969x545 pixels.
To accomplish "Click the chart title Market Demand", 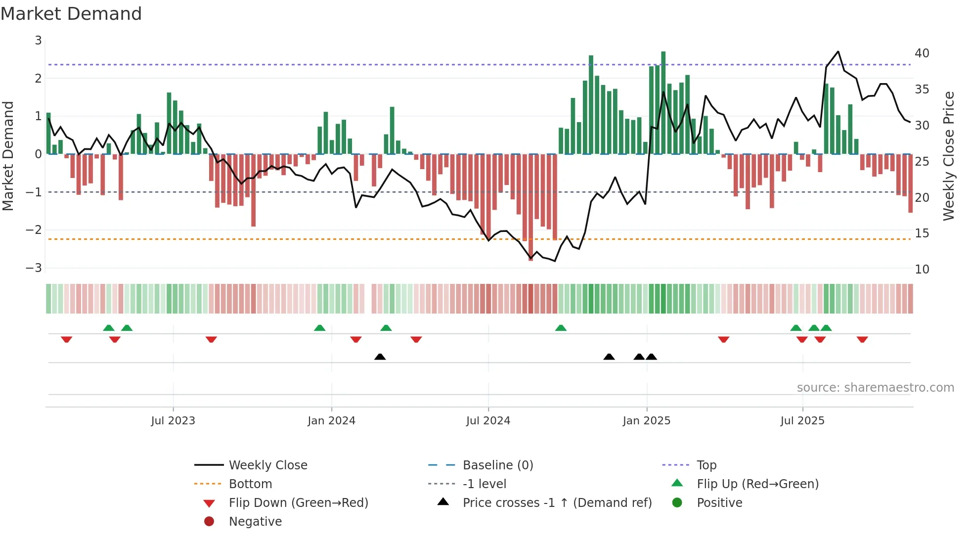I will [71, 14].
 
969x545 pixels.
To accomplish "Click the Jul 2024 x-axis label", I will [488, 421].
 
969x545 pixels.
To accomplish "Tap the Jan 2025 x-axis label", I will [646, 421].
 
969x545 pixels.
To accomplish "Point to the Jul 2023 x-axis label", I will [173, 421].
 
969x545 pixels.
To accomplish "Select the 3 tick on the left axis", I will [38, 41].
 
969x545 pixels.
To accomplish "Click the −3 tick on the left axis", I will [34, 268].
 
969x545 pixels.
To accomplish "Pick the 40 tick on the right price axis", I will [922, 53].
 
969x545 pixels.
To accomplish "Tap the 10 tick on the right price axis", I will [922, 270].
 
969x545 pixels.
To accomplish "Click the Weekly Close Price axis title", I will [949, 156].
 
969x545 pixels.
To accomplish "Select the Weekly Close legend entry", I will [267, 465].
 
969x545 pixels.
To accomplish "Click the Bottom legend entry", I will [250, 484].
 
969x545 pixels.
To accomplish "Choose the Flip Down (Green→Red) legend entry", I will [298, 503].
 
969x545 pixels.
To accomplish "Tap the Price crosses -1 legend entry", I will [557, 503].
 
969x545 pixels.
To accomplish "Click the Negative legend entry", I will [255, 522].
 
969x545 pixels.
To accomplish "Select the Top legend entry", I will [706, 465].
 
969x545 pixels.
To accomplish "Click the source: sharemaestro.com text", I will [875, 388].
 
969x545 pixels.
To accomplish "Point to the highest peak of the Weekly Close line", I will [838, 51].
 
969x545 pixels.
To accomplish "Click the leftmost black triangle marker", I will [380, 357].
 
